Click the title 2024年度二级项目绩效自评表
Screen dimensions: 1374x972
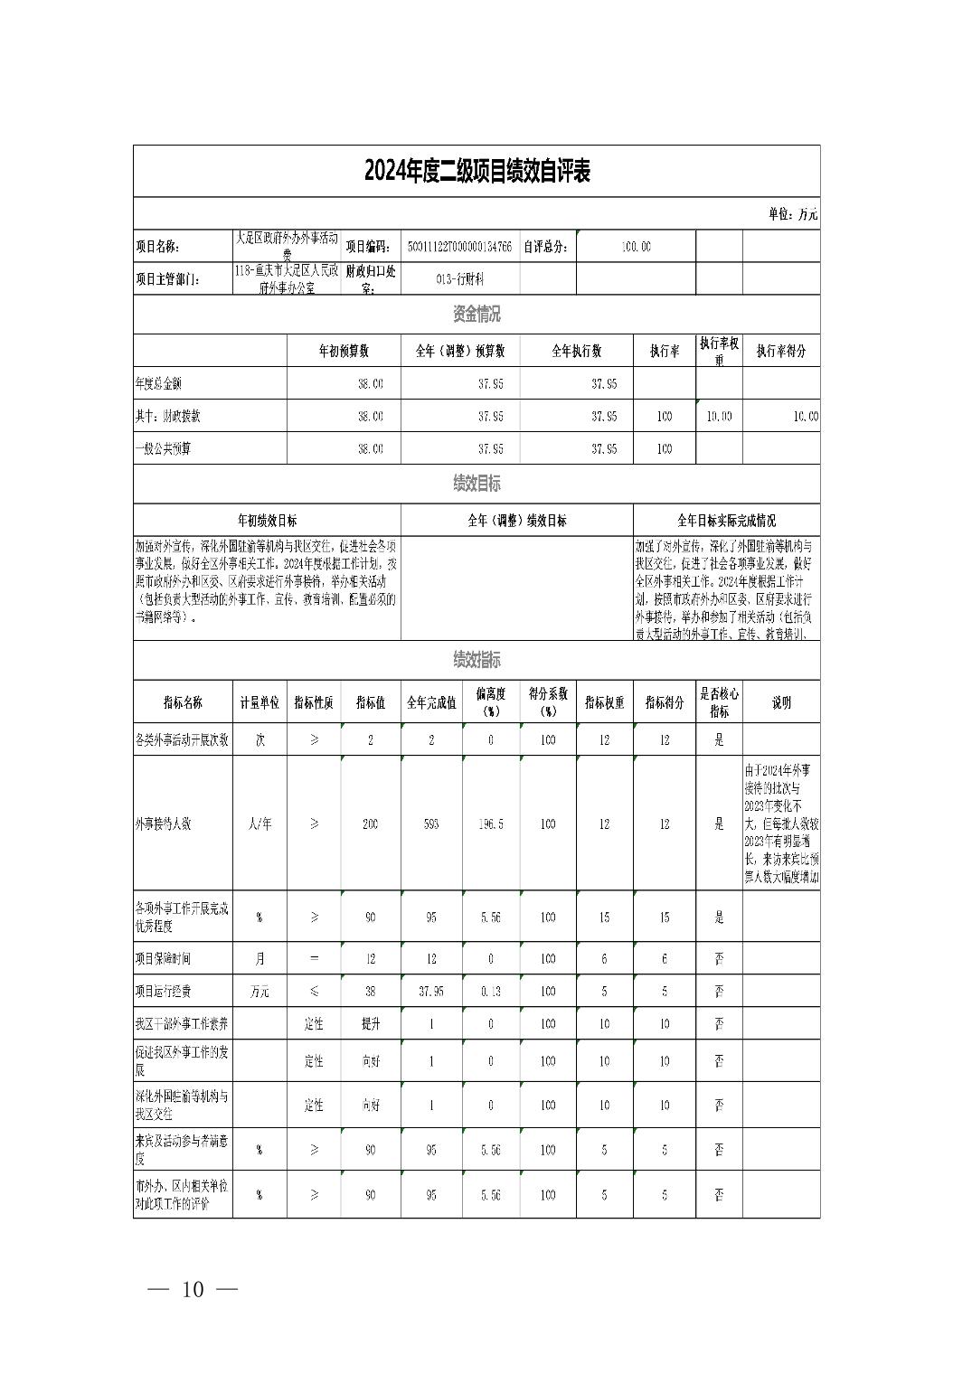click(x=477, y=171)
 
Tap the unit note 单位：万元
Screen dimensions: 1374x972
click(x=792, y=214)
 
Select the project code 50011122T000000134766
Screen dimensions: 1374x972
click(x=459, y=247)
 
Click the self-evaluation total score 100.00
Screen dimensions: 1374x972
click(x=636, y=247)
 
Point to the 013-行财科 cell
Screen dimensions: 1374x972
click(x=459, y=279)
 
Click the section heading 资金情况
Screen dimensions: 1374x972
click(x=477, y=315)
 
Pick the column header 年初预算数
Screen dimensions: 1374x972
click(x=344, y=351)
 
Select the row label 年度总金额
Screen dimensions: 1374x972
click(x=158, y=384)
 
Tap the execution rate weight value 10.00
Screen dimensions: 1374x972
click(x=719, y=417)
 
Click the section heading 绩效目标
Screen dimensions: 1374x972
click(x=477, y=484)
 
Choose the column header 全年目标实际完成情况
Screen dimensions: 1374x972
click(x=726, y=521)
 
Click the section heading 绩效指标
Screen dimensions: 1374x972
click(x=477, y=660)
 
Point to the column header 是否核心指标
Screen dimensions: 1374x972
click(x=719, y=702)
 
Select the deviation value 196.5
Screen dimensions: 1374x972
click(x=491, y=824)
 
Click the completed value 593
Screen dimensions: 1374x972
click(x=431, y=824)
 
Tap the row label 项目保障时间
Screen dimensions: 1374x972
click(x=163, y=958)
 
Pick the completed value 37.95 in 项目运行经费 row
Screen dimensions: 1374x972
click(x=431, y=992)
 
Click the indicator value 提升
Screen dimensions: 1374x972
click(x=371, y=1024)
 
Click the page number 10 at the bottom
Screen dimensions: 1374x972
click(x=193, y=1290)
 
